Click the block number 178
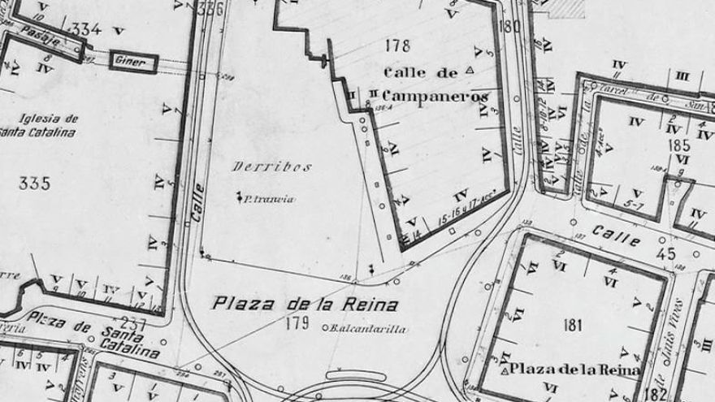[x=400, y=45]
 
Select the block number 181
[x=573, y=326]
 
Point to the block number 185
[x=680, y=146]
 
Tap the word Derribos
[x=260, y=166]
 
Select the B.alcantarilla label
[x=366, y=329]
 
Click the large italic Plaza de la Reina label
[x=305, y=305]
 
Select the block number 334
[x=87, y=30]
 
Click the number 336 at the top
[x=210, y=10]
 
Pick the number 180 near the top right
[x=511, y=25]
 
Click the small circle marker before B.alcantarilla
[x=325, y=329]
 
